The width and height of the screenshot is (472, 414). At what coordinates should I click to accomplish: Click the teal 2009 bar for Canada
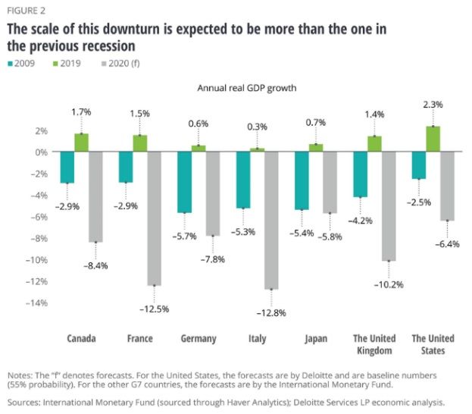[68, 167]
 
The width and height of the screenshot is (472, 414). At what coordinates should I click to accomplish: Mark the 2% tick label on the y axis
[40, 130]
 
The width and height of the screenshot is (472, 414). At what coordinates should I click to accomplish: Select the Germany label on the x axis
[199, 338]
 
